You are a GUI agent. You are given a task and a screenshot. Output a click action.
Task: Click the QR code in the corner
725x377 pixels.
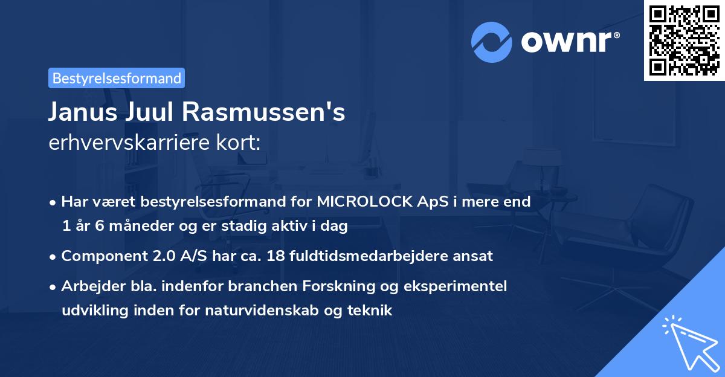[x=684, y=40]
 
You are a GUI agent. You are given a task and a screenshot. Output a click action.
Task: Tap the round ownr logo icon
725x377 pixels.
[x=492, y=42]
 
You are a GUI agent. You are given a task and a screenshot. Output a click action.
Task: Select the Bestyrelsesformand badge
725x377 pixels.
[x=117, y=78]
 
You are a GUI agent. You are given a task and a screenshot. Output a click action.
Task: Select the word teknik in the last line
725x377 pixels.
[x=372, y=311]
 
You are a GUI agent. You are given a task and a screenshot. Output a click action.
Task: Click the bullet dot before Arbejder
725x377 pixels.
[x=54, y=286]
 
